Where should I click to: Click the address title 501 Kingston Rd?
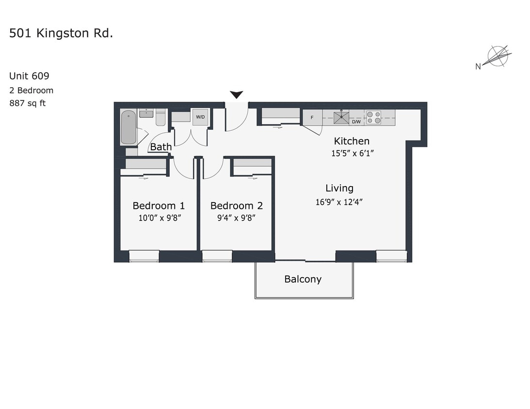[x=61, y=33]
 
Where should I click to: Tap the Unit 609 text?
[x=29, y=76]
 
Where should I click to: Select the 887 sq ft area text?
[x=28, y=103]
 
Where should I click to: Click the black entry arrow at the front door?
[x=236, y=94]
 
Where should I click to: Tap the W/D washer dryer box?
[x=200, y=117]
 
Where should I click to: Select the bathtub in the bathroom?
[x=128, y=127]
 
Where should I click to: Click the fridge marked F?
[x=312, y=117]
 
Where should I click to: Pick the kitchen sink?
[x=341, y=117]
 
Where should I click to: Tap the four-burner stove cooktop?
[x=373, y=117]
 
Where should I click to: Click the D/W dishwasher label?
[x=356, y=122]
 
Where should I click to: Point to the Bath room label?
[x=161, y=147]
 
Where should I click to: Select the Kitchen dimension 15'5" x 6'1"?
[x=352, y=153]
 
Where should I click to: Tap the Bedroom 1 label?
[x=159, y=205]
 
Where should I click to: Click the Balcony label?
[x=303, y=279]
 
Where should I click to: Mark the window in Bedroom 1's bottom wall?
[x=144, y=256]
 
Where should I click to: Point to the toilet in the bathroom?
[x=161, y=118]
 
